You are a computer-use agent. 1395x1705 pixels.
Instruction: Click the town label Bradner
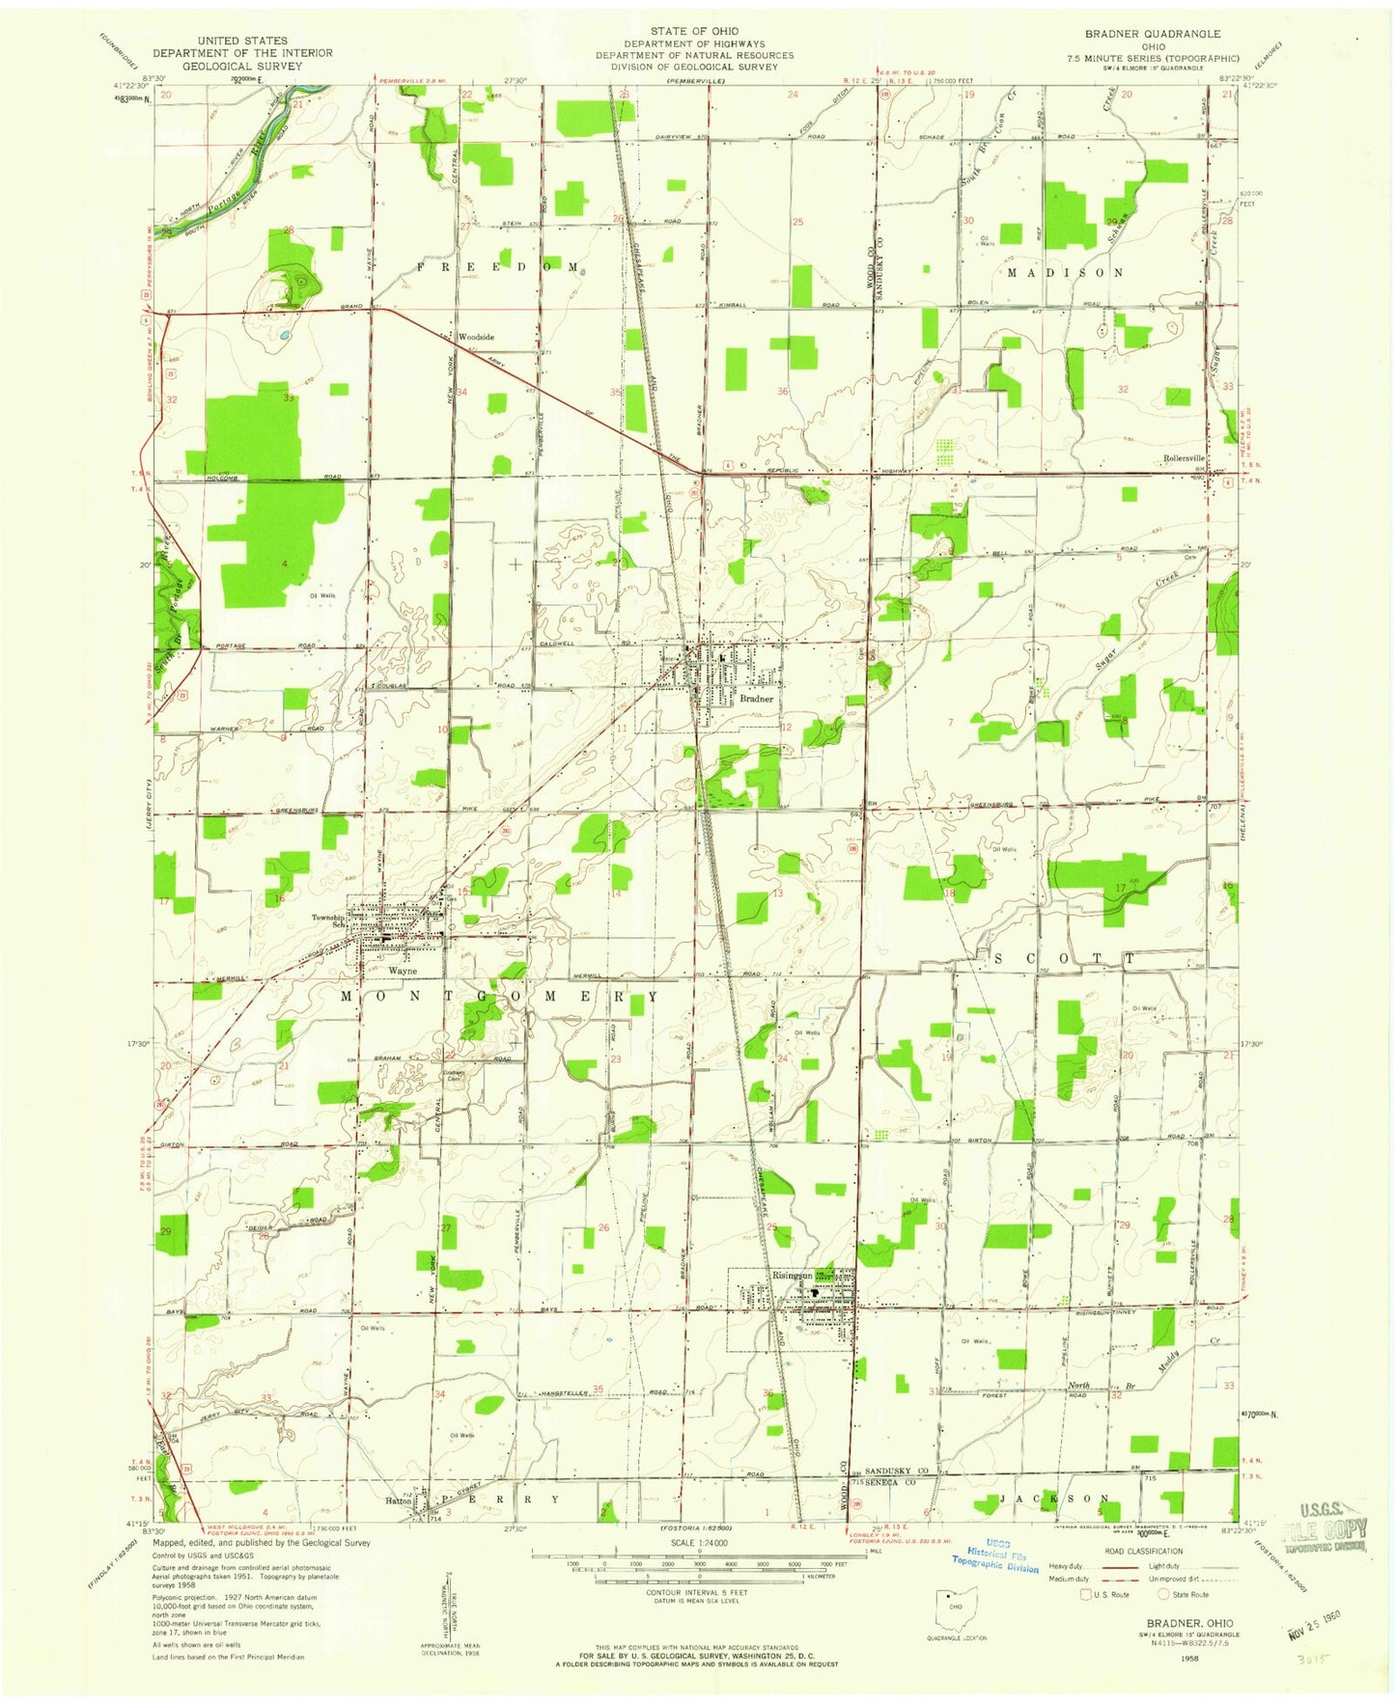757,698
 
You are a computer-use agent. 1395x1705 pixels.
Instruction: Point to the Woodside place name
476,337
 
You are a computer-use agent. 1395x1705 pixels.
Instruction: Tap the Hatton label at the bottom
399,1501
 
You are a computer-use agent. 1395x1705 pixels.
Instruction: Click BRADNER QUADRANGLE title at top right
1154,34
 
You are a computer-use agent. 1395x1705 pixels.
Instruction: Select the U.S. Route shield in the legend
1085,1594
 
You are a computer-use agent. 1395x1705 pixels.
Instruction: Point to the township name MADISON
1065,273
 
